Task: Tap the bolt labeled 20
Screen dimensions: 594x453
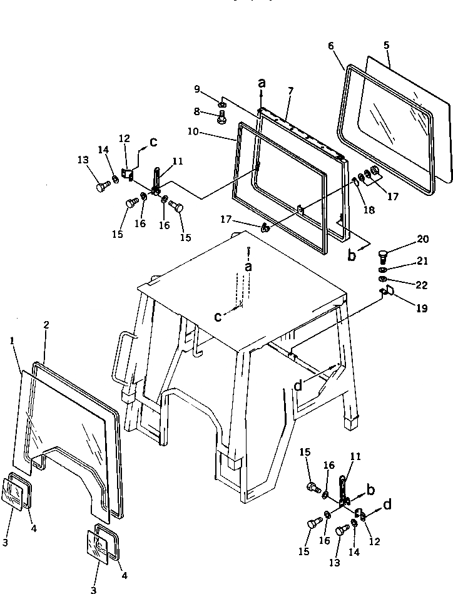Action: coord(384,255)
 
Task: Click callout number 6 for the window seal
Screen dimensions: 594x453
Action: coord(331,46)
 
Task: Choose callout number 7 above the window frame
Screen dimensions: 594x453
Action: coord(290,91)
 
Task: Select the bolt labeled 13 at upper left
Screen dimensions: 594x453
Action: coord(101,187)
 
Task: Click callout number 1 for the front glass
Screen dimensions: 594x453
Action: coord(13,340)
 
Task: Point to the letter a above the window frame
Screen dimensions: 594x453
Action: coord(261,83)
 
